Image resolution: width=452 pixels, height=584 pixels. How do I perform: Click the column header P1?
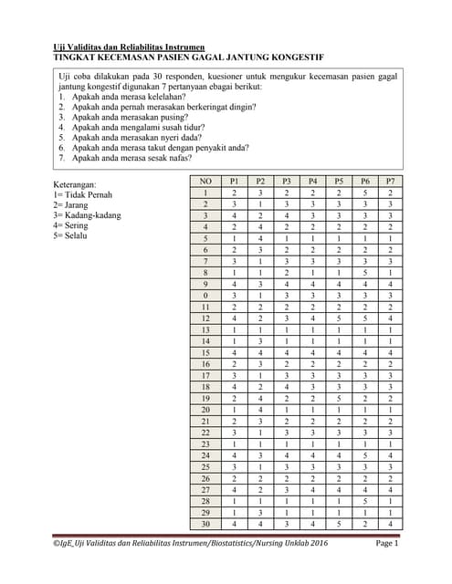234,182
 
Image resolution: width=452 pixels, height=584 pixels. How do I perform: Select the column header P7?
391,182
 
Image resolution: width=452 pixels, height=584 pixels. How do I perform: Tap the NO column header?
205,182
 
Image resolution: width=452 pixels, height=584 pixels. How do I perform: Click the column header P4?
312,182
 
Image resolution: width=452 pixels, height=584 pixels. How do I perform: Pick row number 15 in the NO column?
205,351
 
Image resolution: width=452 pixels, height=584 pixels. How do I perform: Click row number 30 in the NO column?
205,523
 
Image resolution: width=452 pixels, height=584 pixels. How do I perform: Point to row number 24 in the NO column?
205,454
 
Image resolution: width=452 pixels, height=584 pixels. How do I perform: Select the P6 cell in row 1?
365,193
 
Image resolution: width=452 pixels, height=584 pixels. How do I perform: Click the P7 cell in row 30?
391,523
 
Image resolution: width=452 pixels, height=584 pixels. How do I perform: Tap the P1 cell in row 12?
234,318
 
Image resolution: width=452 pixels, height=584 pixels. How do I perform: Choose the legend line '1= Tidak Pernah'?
83,195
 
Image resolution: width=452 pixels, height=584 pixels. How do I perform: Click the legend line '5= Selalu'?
73,235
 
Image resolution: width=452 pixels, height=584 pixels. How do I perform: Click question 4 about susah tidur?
130,127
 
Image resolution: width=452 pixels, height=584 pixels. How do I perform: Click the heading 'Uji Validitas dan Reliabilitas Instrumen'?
129,47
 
